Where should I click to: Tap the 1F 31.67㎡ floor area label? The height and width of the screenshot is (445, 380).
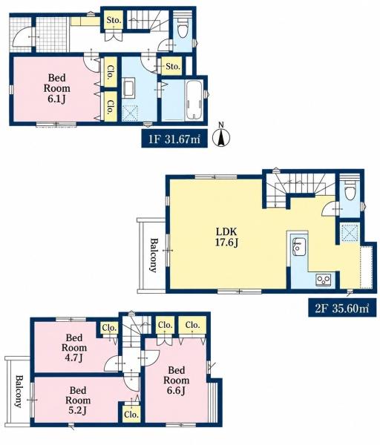pyautogui.click(x=174, y=139)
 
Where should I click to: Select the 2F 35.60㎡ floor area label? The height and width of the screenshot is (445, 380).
pyautogui.click(x=342, y=308)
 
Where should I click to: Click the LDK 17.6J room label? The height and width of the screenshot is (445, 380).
pyautogui.click(x=226, y=237)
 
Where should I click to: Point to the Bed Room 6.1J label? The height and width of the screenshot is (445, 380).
pyautogui.click(x=57, y=88)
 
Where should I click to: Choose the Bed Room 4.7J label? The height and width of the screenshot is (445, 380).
pyautogui.click(x=74, y=348)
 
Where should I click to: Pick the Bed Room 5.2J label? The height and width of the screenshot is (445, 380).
pyautogui.click(x=78, y=400)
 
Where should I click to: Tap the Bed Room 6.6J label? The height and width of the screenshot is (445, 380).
pyautogui.click(x=177, y=380)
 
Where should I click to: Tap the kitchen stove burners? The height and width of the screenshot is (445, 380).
pyautogui.click(x=324, y=280)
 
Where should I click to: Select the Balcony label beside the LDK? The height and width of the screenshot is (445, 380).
pyautogui.click(x=154, y=255)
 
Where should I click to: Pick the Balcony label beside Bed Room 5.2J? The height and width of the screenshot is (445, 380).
pyautogui.click(x=19, y=392)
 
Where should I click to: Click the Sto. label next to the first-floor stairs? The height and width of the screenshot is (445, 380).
pyautogui.click(x=114, y=20)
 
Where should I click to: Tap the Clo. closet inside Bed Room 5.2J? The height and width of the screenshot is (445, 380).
pyautogui.click(x=131, y=415)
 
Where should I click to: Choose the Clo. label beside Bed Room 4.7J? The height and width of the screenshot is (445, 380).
pyautogui.click(x=109, y=328)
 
